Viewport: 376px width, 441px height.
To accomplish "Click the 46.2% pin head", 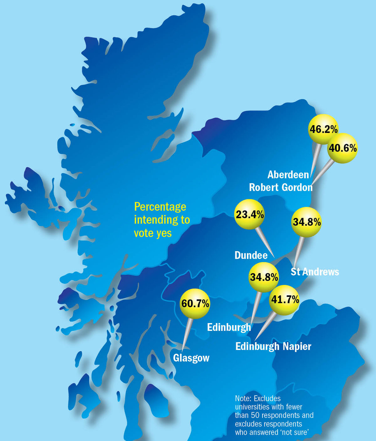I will tap(323, 129).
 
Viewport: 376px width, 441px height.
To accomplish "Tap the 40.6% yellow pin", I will tap(342, 148).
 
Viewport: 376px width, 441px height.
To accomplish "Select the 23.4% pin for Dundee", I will tap(249, 215).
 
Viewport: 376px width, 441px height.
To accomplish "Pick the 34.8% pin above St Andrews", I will tap(306, 222).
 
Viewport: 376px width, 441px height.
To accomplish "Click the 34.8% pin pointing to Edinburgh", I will tap(264, 277).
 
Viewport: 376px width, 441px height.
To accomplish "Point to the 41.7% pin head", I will tap(285, 300).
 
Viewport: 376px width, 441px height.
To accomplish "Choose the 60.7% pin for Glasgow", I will tap(195, 303).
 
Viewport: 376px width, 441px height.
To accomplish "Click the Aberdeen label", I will tap(288, 175).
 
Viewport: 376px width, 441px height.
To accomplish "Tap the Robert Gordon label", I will tap(281, 187).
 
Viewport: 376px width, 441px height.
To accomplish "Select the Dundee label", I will tap(251, 255).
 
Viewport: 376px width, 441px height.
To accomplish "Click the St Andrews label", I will tap(315, 271).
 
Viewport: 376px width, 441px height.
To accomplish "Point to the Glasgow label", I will tap(191, 358).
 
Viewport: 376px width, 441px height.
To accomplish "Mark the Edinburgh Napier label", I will tap(273, 346).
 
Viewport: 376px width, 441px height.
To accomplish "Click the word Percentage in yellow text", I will tap(160, 207).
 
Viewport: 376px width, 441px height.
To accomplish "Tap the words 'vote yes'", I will tap(153, 233).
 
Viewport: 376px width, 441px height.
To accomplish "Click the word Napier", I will tap(297, 346).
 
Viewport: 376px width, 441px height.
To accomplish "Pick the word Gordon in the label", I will tap(297, 187).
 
